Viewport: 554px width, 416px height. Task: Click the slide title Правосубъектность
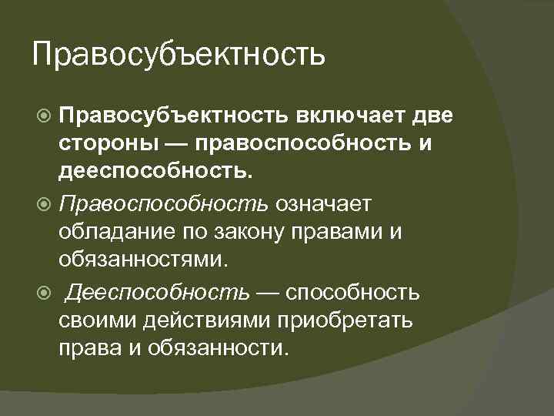(179, 56)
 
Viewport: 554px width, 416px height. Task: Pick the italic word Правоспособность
(164, 204)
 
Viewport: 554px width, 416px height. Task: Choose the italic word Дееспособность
(158, 292)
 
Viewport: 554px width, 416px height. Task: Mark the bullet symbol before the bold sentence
(45, 116)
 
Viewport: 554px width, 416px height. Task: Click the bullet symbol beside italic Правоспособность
(45, 205)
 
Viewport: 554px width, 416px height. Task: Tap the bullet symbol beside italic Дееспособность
(45, 293)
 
